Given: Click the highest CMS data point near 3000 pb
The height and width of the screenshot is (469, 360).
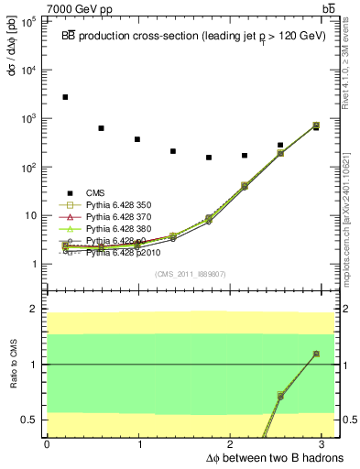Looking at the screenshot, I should tap(65, 97).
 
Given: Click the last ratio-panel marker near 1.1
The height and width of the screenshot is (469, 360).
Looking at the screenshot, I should tap(315, 354).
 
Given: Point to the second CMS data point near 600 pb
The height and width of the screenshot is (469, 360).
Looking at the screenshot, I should tap(101, 128).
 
